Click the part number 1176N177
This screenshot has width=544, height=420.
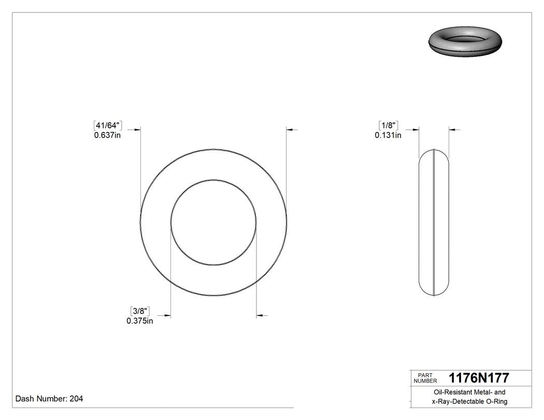point(479,378)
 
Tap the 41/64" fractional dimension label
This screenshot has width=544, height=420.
point(107,125)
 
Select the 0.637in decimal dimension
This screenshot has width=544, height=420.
point(107,136)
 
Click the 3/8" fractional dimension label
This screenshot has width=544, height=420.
point(140,311)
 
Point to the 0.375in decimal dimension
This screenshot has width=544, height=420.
point(140,321)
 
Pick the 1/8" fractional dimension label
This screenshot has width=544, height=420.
point(388,125)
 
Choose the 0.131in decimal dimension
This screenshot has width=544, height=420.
point(388,136)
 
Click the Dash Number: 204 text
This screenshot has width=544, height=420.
point(49,399)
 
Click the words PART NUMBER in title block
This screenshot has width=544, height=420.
point(425,378)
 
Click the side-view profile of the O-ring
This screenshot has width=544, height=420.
point(434,223)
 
